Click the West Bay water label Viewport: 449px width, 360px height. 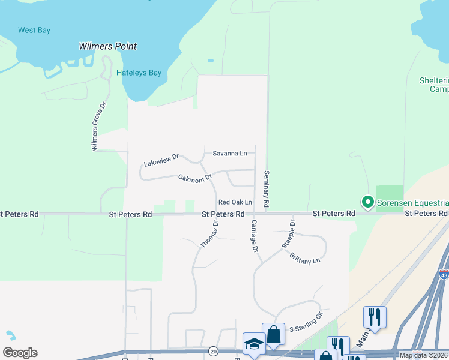pos(34,30)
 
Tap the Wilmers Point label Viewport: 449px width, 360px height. pos(108,46)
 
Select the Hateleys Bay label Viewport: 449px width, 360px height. pos(139,73)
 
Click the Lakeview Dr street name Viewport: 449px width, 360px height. pos(161,160)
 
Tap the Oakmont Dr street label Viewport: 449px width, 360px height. pos(195,178)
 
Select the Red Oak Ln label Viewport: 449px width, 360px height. pos(235,203)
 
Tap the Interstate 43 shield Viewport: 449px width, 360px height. pos(444,274)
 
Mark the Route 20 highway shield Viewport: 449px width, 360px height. pos(213,350)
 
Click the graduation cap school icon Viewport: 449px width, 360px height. pos(253,344)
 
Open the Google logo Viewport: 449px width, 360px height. pos(20,353)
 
